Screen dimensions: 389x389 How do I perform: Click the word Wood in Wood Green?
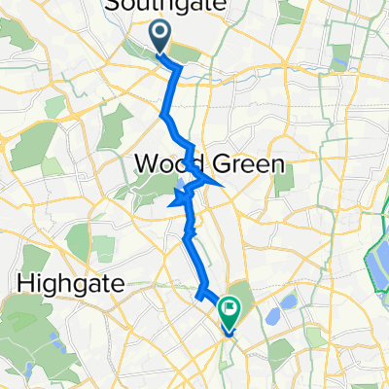[x=167, y=163]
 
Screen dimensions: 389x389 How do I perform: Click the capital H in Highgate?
[x=26, y=284]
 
